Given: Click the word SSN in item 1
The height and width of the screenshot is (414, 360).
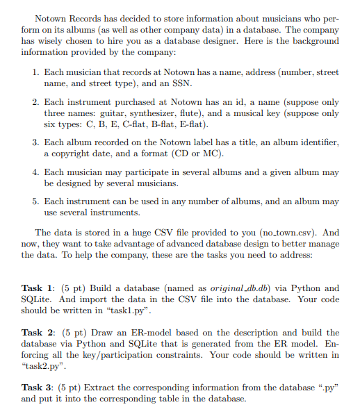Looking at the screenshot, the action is coord(188,83).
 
